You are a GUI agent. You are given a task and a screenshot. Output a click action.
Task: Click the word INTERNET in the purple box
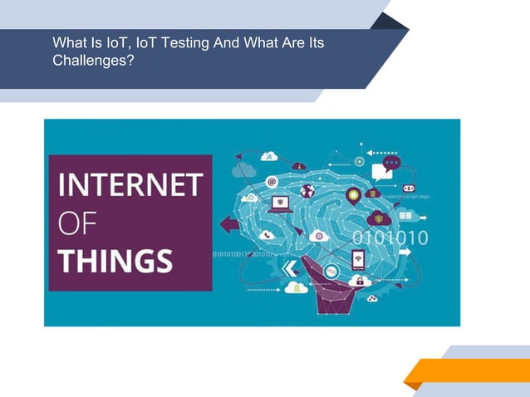(130, 184)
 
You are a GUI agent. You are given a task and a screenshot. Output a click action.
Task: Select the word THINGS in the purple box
(116, 260)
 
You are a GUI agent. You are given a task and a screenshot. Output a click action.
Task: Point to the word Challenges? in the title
(93, 61)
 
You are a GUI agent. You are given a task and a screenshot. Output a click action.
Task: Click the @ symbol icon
(271, 182)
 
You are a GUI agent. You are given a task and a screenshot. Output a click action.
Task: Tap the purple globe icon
(307, 191)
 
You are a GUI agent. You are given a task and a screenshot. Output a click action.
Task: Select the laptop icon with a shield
(281, 203)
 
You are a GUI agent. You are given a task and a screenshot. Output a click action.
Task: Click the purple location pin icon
(353, 196)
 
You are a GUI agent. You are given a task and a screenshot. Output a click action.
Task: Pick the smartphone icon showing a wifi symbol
(357, 259)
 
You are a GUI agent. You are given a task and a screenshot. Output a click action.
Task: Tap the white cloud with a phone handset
(267, 235)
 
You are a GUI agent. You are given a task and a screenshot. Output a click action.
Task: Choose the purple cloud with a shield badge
(379, 218)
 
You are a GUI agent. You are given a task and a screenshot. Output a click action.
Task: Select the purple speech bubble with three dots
(391, 163)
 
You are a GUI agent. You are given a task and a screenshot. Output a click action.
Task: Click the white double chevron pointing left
(289, 267)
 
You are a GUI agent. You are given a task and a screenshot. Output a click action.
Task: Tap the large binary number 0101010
(390, 238)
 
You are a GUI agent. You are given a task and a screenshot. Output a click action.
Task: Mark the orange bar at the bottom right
(469, 371)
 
